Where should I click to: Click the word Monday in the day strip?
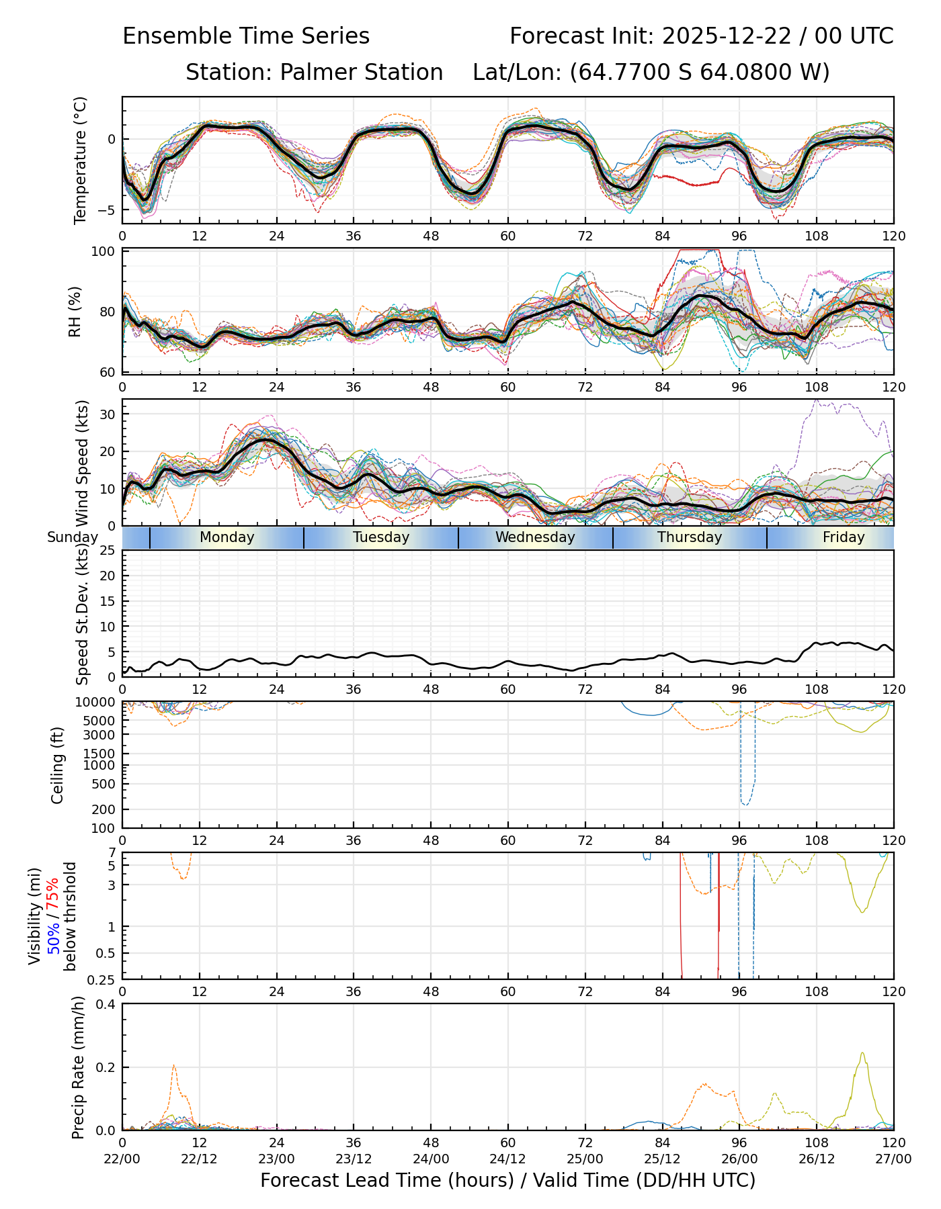[x=227, y=537]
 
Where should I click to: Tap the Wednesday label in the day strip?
[x=535, y=537]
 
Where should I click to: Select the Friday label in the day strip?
[x=844, y=537]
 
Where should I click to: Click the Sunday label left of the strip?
[x=73, y=537]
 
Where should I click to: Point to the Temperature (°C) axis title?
[x=81, y=160]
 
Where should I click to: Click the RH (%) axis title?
[x=75, y=311]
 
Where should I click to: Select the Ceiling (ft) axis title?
[x=58, y=765]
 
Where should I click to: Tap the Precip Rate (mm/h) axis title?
[x=79, y=1067]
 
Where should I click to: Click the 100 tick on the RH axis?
[x=106, y=252]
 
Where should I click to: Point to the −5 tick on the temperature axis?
[x=107, y=210]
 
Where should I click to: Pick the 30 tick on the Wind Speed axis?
[x=108, y=414]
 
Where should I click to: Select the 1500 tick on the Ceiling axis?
[x=102, y=754]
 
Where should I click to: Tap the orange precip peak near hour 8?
[x=174, y=1065]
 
